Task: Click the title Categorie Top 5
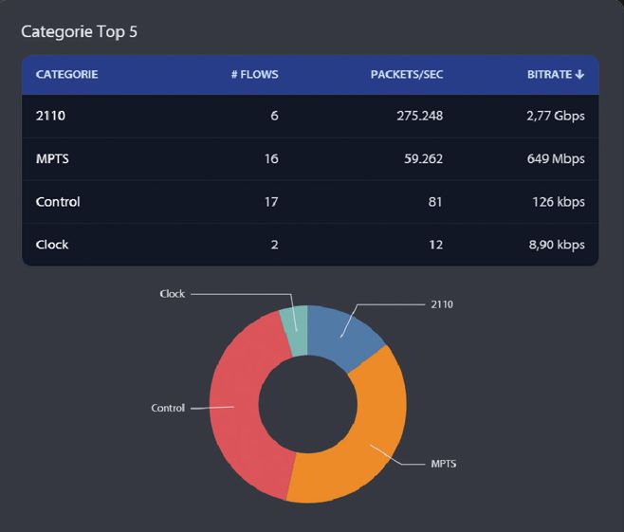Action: (80, 31)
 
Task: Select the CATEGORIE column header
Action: (66, 74)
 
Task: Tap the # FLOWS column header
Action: (254, 74)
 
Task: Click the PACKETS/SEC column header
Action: (406, 74)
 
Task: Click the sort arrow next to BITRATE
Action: (579, 74)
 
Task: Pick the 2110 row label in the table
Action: (49, 117)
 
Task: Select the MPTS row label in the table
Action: (52, 159)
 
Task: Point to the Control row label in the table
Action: (58, 202)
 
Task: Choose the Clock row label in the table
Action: (52, 245)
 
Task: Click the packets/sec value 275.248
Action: (419, 117)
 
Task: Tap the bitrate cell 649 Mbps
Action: (556, 159)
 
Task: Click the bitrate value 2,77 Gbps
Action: (554, 117)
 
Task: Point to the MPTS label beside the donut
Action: (444, 465)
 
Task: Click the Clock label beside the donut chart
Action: (172, 294)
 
